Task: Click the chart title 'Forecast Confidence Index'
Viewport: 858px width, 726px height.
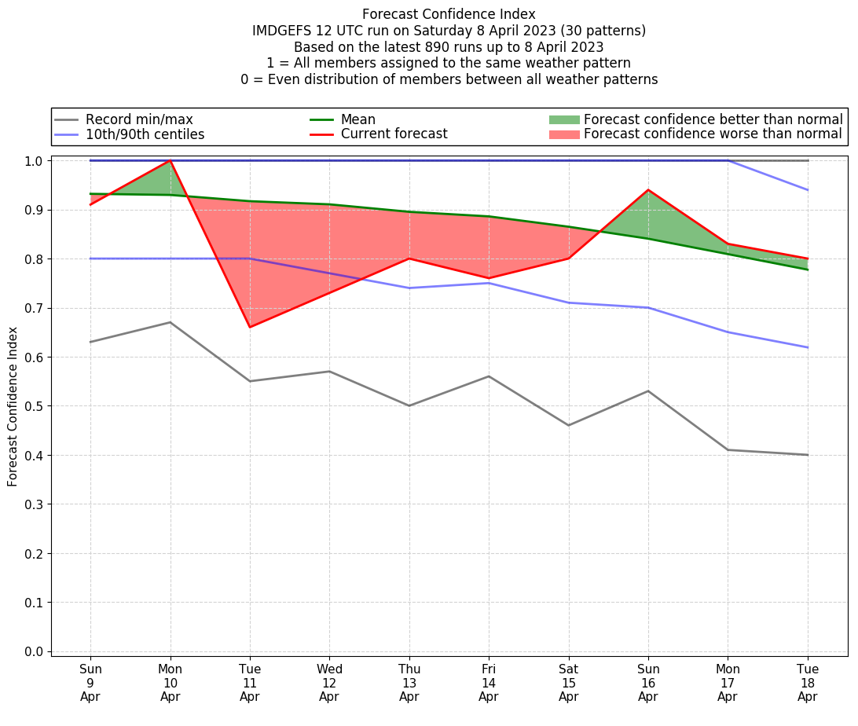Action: pos(449,14)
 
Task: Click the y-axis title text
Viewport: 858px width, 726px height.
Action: pos(13,407)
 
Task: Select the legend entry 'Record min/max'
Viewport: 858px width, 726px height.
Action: pos(139,119)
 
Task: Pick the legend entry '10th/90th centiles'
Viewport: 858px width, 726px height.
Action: pos(145,134)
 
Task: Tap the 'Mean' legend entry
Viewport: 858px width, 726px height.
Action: pos(357,119)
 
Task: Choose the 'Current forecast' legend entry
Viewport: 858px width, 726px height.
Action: pos(394,134)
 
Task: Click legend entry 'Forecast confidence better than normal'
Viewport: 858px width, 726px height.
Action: pos(713,119)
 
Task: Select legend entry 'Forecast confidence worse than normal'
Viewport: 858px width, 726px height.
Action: pos(713,134)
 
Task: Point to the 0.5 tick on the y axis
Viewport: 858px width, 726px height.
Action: pos(35,406)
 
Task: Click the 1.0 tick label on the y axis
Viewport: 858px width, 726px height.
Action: pos(35,161)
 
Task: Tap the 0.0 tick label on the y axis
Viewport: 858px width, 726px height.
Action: pos(35,651)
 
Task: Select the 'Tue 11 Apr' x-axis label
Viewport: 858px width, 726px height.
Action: pos(250,683)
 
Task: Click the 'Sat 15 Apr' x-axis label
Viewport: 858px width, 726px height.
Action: pos(568,683)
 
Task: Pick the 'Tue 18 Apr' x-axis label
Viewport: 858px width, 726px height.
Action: pos(808,683)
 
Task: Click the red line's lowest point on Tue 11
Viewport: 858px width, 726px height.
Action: pos(250,327)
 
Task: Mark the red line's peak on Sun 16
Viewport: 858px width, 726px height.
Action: pos(648,189)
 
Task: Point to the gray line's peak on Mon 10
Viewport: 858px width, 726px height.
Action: pos(170,322)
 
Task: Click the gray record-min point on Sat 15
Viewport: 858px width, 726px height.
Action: pos(568,425)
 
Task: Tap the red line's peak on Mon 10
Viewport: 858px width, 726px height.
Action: pos(170,160)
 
